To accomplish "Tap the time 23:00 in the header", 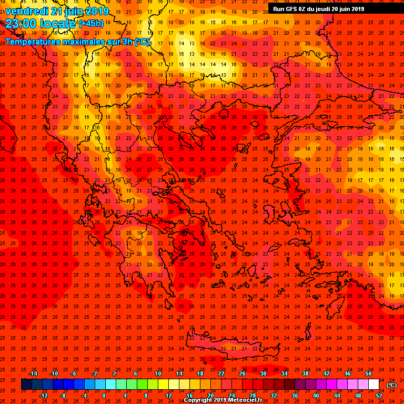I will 21,23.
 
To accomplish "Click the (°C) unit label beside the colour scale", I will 391,385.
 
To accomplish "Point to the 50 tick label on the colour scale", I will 368,373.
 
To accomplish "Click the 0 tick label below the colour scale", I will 104,396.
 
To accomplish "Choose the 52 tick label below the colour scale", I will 379,396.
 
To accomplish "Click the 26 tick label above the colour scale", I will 242,373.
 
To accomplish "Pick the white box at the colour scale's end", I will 373,385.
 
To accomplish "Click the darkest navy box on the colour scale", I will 26,385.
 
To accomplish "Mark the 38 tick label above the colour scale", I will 305,373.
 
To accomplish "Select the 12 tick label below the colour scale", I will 168,396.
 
